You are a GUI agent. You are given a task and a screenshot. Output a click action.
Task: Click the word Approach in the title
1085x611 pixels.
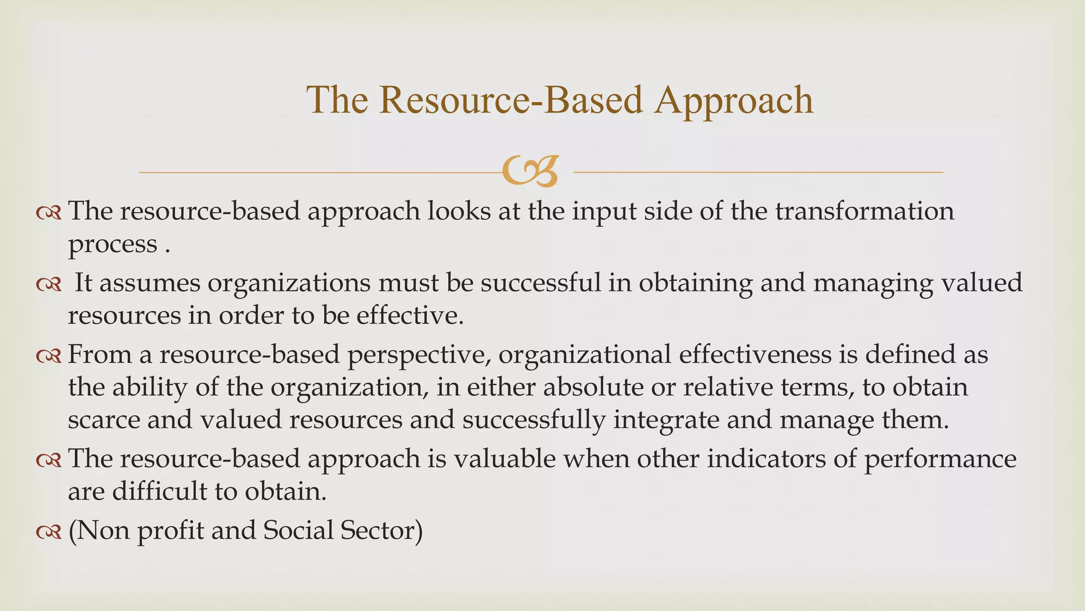tap(733, 101)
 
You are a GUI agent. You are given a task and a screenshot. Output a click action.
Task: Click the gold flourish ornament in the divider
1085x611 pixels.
tap(530, 171)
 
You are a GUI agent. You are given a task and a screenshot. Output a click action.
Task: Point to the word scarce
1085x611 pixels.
tap(103, 420)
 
